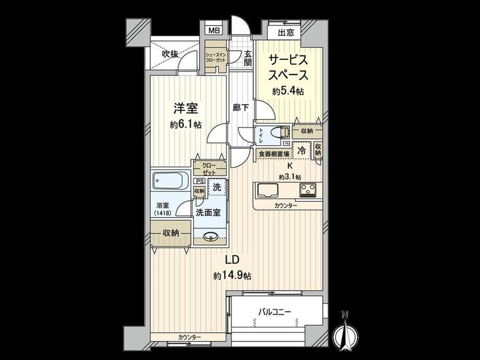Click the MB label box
tap(214, 30)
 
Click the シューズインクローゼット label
tap(215, 57)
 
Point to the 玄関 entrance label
tap(248, 58)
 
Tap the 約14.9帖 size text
tap(232, 275)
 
